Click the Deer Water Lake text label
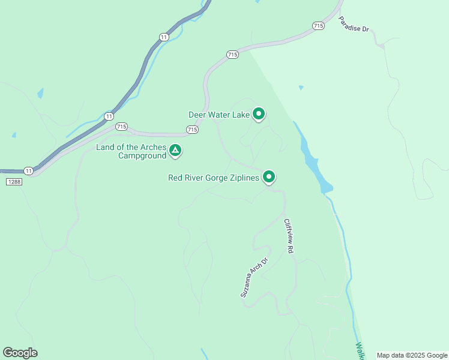(x=218, y=114)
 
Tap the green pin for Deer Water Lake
(x=259, y=113)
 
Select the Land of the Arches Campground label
(x=131, y=151)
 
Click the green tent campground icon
(x=175, y=150)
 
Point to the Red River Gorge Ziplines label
(x=214, y=178)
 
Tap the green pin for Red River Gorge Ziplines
(x=270, y=176)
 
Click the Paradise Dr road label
(x=353, y=24)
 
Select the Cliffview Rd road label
(x=289, y=235)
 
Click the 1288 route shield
(x=14, y=182)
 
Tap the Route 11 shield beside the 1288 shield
(x=28, y=170)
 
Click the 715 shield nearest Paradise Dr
(x=318, y=26)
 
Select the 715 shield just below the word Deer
(x=192, y=130)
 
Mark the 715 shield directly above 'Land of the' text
(x=121, y=127)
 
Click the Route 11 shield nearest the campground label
(x=108, y=116)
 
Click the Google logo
(x=20, y=353)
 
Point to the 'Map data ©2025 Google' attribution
(x=411, y=355)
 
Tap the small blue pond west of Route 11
(x=40, y=93)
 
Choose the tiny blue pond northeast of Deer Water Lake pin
(x=301, y=88)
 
